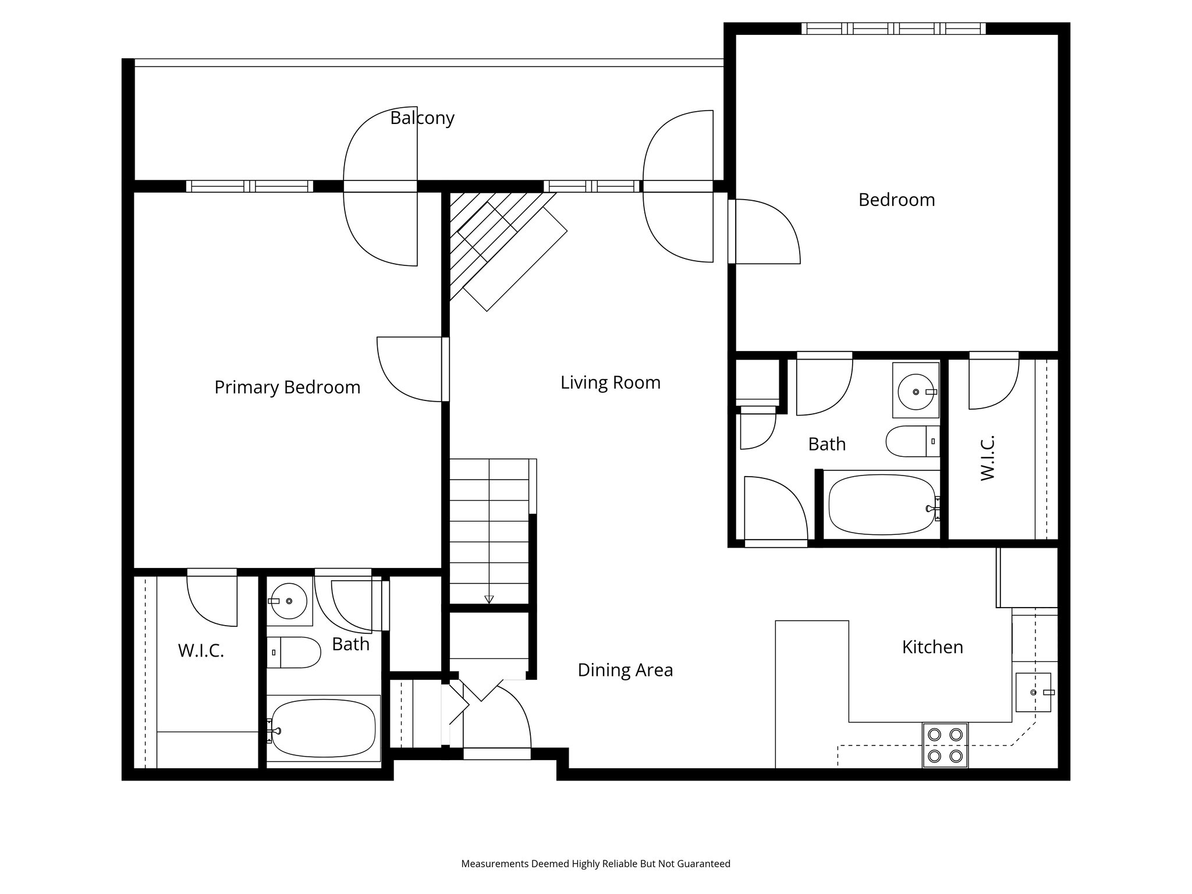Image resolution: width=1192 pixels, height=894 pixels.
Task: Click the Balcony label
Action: click(422, 118)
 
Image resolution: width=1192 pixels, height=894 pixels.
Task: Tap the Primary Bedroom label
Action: click(288, 388)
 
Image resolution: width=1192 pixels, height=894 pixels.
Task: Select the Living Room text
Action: click(611, 383)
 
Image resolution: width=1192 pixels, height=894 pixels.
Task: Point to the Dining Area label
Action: click(625, 670)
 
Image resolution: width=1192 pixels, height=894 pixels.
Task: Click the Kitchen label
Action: click(932, 647)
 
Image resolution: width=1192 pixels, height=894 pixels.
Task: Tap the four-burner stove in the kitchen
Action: click(945, 746)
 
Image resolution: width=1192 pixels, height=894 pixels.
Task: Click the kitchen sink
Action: click(1034, 692)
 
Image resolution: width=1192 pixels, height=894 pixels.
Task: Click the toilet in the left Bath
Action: click(294, 652)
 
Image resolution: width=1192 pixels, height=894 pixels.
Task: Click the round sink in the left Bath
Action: click(289, 601)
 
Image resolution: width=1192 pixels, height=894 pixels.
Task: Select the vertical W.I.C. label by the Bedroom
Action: click(988, 457)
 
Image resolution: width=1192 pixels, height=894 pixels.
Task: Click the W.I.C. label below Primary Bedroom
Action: click(201, 651)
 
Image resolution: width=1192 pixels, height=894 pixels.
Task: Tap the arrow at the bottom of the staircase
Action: click(489, 599)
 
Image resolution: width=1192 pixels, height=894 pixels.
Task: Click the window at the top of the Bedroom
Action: click(893, 28)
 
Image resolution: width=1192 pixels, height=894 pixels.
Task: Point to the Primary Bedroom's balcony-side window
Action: click(250, 186)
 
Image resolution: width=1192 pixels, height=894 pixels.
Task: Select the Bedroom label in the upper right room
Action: click(896, 200)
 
